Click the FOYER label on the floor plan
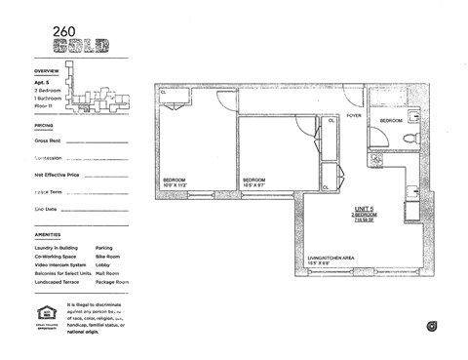[x=356, y=113]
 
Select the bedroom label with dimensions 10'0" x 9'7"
[x=255, y=181]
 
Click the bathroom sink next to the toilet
[x=413, y=116]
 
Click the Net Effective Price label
[x=56, y=175]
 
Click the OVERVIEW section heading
[x=47, y=71]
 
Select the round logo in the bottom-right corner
[x=430, y=325]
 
